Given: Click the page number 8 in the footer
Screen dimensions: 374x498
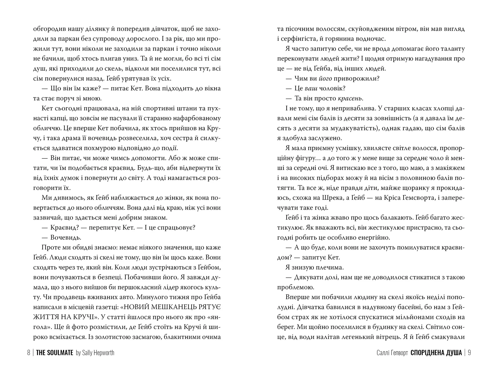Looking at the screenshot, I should [29, 353].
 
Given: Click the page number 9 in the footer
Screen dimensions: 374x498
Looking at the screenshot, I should [469, 353].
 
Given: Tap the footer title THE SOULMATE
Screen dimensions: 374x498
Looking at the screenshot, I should [54, 353].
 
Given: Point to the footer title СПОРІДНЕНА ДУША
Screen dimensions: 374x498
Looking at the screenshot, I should [436, 353].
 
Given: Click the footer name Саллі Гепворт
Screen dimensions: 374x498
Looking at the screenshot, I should [392, 353].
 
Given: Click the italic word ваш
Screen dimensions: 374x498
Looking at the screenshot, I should [310, 89].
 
